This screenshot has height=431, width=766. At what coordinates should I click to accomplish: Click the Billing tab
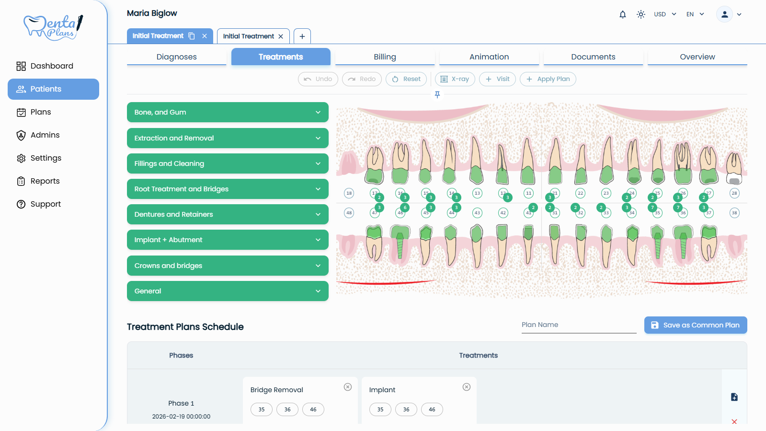point(385,57)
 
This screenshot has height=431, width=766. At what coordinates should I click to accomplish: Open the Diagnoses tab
point(176,57)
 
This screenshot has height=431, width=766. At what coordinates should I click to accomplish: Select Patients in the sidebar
point(53,89)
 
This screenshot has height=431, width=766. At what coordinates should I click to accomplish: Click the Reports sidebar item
point(45,181)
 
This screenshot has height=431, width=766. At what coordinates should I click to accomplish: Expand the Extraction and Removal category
point(228,138)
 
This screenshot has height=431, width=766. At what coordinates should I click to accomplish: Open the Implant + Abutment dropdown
point(228,240)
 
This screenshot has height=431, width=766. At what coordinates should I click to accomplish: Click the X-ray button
point(455,79)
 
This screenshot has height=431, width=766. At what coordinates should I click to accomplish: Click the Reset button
point(406,79)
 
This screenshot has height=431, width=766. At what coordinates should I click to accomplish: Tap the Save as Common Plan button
point(695,325)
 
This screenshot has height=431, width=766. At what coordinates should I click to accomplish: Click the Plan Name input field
point(578,325)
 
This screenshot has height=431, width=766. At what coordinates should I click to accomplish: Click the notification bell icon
point(622,14)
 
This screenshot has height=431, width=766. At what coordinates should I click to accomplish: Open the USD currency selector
point(665,14)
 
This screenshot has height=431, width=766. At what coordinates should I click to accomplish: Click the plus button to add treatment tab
point(302,36)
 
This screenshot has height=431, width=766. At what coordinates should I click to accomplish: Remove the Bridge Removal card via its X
point(348,387)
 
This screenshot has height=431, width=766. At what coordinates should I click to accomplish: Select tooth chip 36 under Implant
point(406,409)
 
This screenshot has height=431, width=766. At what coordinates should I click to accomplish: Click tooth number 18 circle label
point(349,193)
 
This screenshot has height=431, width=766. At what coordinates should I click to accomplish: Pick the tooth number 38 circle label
point(734,213)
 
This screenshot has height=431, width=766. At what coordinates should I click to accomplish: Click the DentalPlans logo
point(53,27)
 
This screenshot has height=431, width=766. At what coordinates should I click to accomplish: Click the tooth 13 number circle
point(477,193)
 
